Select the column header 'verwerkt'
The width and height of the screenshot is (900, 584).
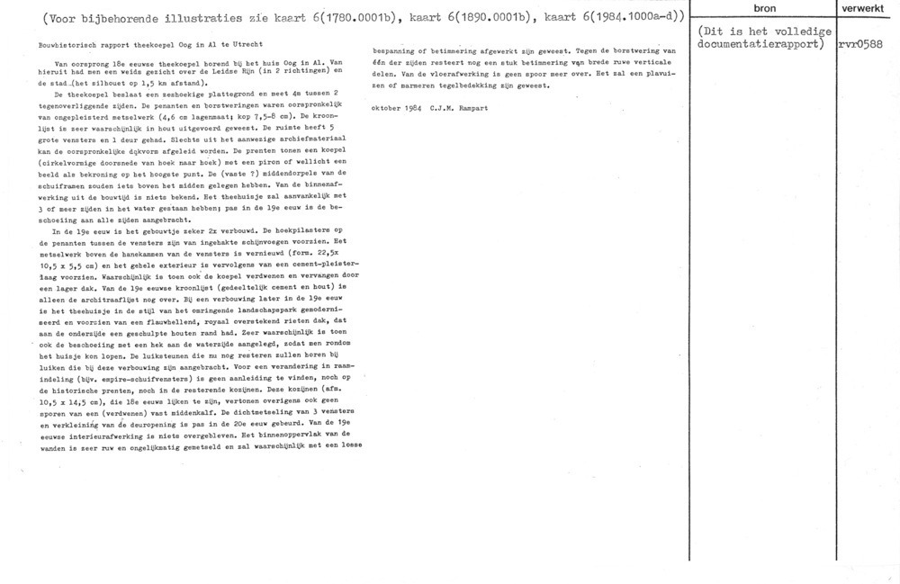click(x=867, y=8)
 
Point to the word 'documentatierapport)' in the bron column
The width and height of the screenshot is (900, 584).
click(x=760, y=43)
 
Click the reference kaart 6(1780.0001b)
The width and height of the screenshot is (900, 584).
click(x=306, y=15)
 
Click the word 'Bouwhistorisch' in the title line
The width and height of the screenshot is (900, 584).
click(x=60, y=45)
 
